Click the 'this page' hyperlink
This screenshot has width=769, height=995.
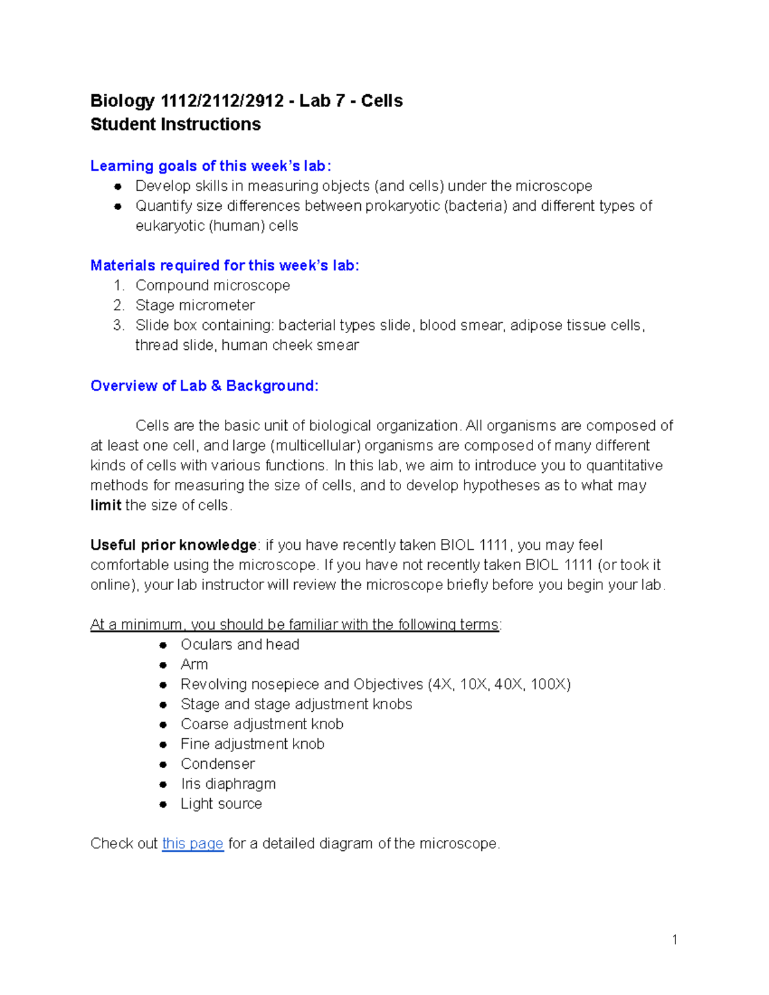tap(192, 843)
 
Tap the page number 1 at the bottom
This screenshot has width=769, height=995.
tap(674, 939)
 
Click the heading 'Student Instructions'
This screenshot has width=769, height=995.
tap(176, 124)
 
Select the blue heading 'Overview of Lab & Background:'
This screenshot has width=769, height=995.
tap(204, 386)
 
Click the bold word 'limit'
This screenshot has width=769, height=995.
tap(106, 505)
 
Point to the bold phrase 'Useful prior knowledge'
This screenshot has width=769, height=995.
tap(173, 545)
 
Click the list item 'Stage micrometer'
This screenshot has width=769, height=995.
tap(195, 305)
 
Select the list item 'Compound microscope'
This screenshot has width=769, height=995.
tap(212, 285)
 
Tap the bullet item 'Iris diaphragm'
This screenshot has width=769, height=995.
tap(227, 784)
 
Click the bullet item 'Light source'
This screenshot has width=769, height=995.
tap(221, 803)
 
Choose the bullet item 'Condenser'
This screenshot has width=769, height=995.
tap(217, 764)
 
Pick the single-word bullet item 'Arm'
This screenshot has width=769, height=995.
tap(194, 664)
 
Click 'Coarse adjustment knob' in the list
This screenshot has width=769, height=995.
tap(261, 724)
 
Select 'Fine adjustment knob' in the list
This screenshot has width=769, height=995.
tap(252, 744)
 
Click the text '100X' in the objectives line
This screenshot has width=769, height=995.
tap(549, 684)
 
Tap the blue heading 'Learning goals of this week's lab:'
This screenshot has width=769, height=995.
tap(211, 166)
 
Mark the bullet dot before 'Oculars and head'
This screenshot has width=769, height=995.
tap(163, 645)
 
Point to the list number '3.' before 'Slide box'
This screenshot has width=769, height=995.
tap(119, 325)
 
